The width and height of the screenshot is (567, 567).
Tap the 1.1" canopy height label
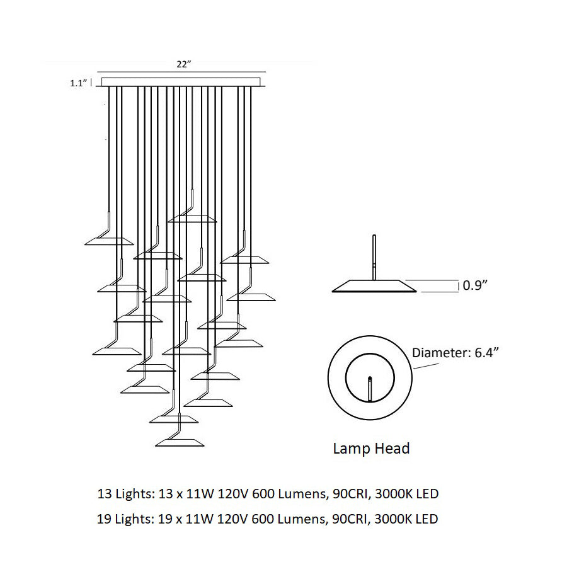(x=79, y=82)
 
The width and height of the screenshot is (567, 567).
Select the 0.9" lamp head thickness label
(x=475, y=285)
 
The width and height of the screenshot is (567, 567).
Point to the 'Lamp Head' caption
(x=371, y=449)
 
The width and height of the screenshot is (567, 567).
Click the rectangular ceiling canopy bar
(x=180, y=82)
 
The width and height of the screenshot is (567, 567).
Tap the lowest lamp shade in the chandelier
(x=178, y=442)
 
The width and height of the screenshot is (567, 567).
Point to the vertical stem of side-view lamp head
(x=374, y=255)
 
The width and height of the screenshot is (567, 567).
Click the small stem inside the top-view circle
(x=370, y=388)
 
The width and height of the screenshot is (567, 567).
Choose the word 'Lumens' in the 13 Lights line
(x=299, y=493)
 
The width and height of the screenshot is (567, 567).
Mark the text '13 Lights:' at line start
(x=123, y=493)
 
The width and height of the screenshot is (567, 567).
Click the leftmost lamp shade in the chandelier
(x=109, y=242)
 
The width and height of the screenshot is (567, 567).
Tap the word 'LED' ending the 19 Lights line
(x=427, y=520)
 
